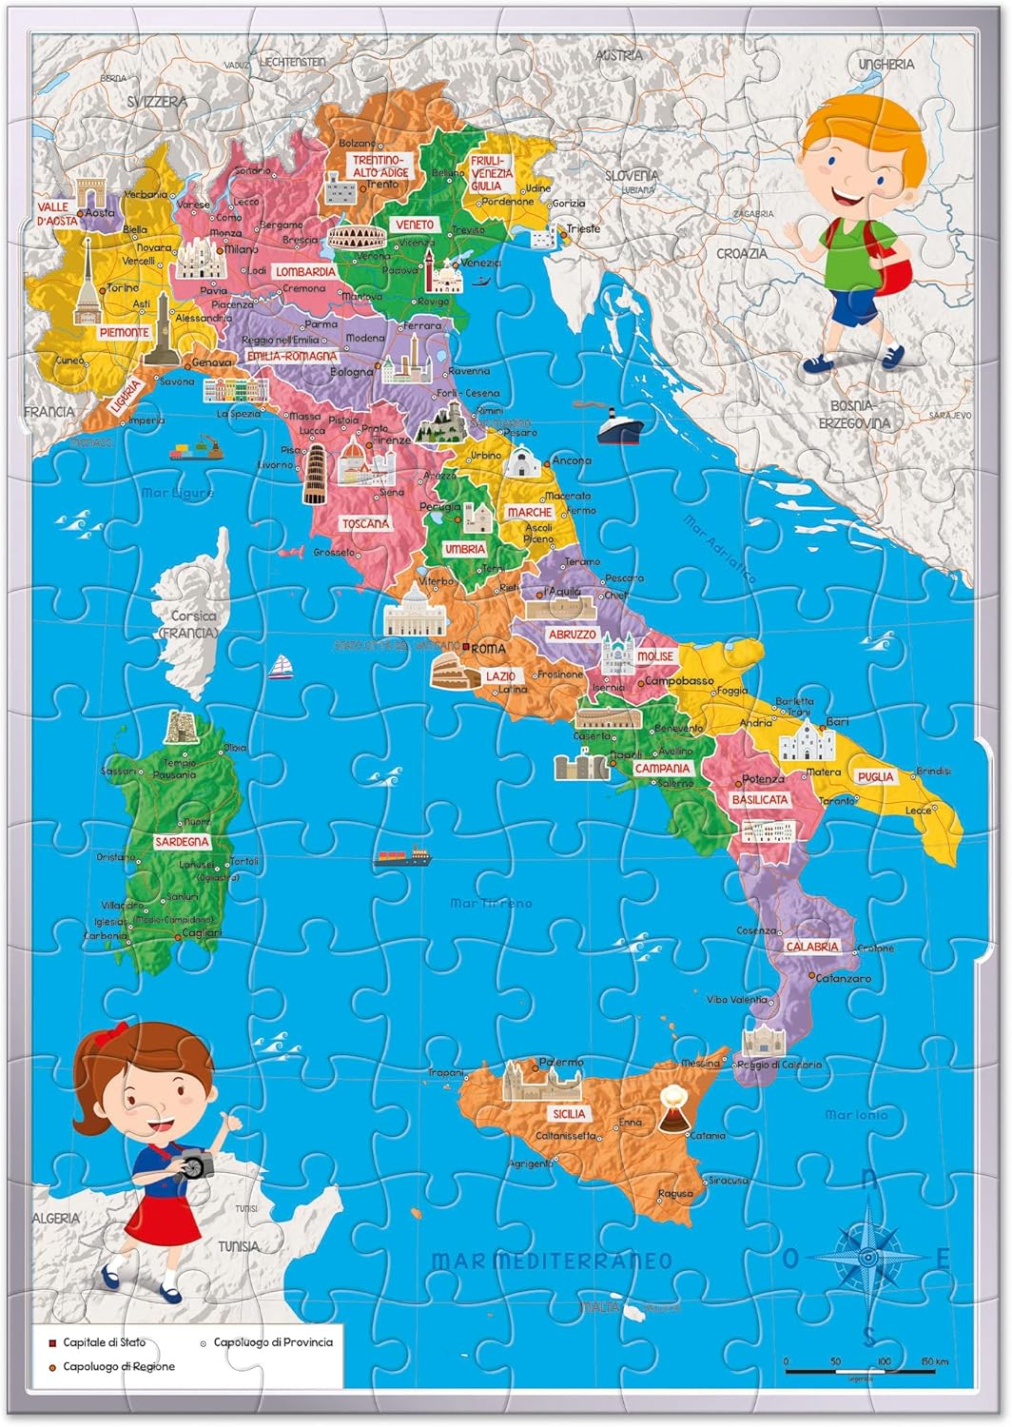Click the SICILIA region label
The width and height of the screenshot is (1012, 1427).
[568, 1113]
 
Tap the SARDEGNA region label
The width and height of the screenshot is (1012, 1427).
[182, 842]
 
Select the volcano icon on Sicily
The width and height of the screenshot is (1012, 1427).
[672, 1107]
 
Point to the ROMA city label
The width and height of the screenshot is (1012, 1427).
[489, 648]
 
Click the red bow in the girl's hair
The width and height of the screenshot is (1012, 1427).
[118, 1032]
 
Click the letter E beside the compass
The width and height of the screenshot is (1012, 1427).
[943, 1258]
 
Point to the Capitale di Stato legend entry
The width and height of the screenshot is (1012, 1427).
[104, 1342]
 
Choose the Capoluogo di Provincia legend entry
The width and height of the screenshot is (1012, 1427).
[272, 1342]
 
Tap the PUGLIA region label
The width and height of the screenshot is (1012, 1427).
[875, 776]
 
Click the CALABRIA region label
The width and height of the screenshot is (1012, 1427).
[811, 947]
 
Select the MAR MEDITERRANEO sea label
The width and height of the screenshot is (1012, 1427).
[553, 1261]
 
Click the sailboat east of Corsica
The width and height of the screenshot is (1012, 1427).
[279, 668]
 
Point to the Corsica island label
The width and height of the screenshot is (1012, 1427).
[194, 616]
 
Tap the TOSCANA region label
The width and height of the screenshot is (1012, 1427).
[365, 524]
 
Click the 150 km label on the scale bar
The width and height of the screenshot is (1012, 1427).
[934, 1362]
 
